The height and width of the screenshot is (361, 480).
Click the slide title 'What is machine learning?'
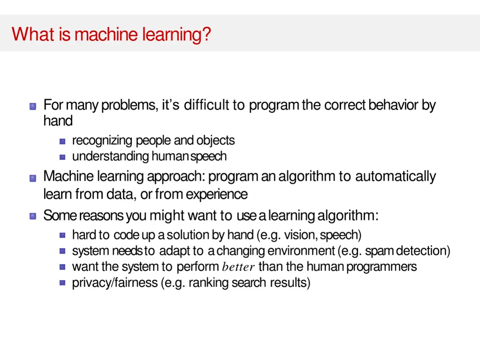112,34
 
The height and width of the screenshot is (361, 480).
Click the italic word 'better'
238,268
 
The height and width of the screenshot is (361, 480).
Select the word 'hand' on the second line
58,121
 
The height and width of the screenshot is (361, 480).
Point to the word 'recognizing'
102,140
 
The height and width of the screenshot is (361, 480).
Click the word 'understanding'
111,156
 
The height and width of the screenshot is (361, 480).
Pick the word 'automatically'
395,177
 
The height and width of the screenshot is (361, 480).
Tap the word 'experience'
217,194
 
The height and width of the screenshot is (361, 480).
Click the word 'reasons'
101,216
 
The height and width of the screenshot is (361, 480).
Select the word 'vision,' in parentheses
301,235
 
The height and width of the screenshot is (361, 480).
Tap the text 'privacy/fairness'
114,283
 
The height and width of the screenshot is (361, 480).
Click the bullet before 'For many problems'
33,107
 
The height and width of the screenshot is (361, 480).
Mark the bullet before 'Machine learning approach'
33,178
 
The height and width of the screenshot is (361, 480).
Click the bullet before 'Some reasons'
33,217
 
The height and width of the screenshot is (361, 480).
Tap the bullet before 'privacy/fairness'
62,283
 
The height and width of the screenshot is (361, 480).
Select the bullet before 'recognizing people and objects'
62,141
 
